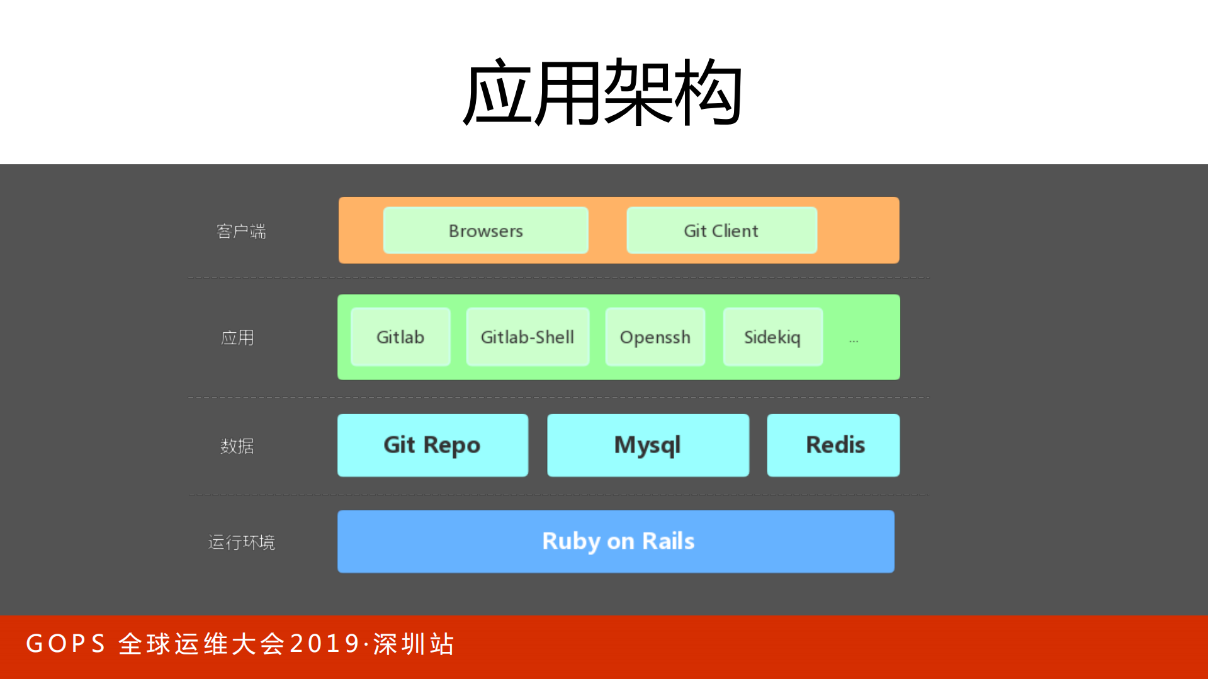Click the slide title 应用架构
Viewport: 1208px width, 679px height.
pos(602,92)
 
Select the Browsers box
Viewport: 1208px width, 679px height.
pos(485,231)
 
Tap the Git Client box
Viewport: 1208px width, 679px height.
pos(721,231)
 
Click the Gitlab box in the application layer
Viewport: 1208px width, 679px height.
pos(400,337)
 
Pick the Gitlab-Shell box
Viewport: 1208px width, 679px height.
pos(528,337)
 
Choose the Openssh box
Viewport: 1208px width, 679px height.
pos(655,337)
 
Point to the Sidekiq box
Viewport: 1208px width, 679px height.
pos(772,337)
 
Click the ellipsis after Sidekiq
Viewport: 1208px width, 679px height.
pos(854,340)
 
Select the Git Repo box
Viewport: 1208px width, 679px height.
pos(432,445)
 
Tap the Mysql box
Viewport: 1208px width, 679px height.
pos(648,445)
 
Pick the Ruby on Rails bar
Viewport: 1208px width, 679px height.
pos(616,541)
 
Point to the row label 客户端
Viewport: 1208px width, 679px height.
pos(241,232)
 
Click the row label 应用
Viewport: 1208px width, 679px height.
pos(238,338)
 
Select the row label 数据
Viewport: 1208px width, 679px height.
pos(237,446)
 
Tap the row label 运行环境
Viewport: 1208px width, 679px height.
pos(242,542)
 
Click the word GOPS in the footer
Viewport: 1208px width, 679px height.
pos(65,644)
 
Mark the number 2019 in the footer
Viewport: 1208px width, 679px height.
pos(325,644)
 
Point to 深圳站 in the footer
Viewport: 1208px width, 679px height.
pos(414,644)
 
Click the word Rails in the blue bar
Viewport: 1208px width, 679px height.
pos(668,541)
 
